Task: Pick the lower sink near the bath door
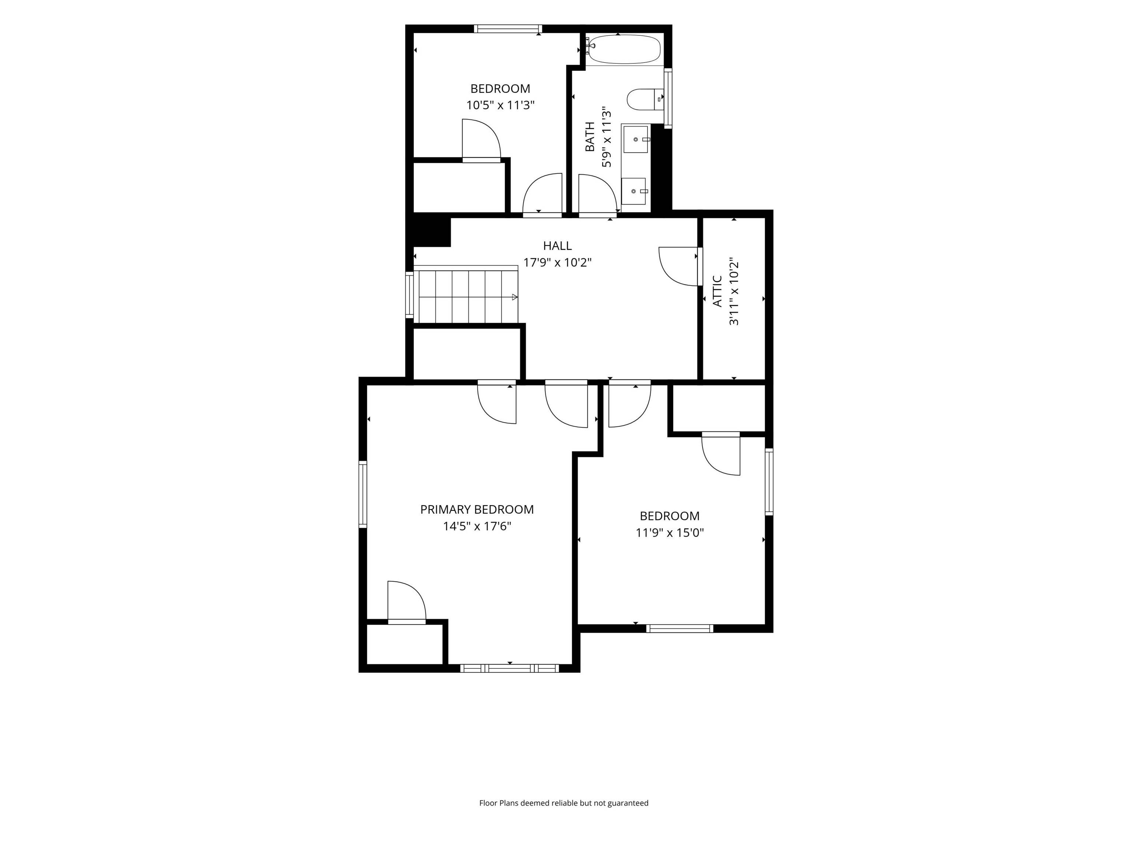point(634,191)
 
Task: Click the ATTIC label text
point(717,291)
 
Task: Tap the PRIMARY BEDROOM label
point(477,509)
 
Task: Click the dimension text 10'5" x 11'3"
point(500,105)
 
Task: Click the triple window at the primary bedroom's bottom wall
point(509,668)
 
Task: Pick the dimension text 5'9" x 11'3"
point(607,137)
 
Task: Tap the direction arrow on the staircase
point(514,297)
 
